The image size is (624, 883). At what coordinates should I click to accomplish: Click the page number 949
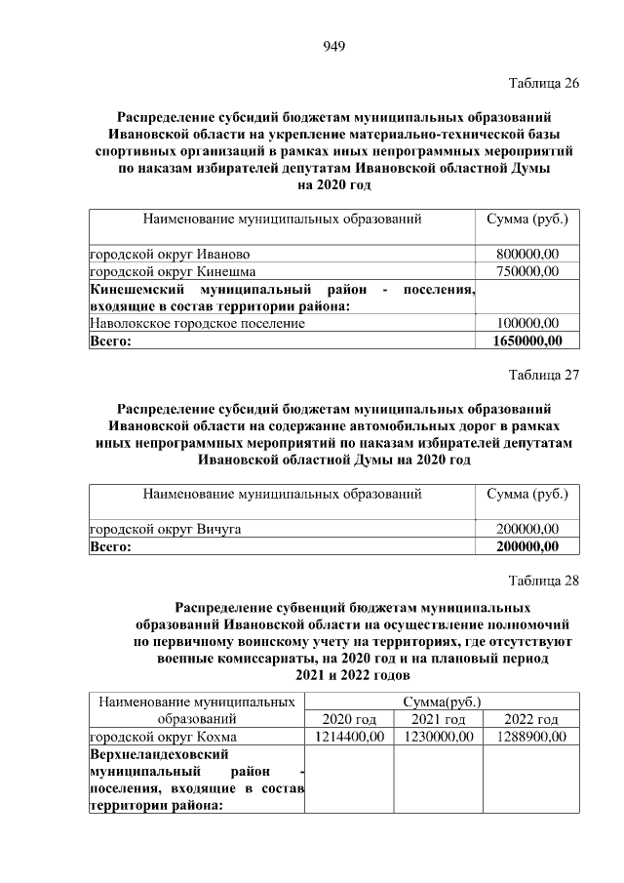coord(334,46)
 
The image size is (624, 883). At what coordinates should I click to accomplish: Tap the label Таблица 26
coord(544,83)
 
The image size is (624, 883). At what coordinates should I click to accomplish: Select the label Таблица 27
coord(544,376)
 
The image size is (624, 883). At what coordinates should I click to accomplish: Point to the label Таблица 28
coord(544,582)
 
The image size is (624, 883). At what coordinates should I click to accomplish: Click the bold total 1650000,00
coord(523,340)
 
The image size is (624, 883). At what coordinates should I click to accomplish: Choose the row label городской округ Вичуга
coord(166,529)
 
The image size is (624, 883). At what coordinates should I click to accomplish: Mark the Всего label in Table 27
coord(109,546)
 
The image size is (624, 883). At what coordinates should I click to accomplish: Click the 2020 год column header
coord(349,719)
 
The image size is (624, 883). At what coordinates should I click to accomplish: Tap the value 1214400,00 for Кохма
coord(349,737)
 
